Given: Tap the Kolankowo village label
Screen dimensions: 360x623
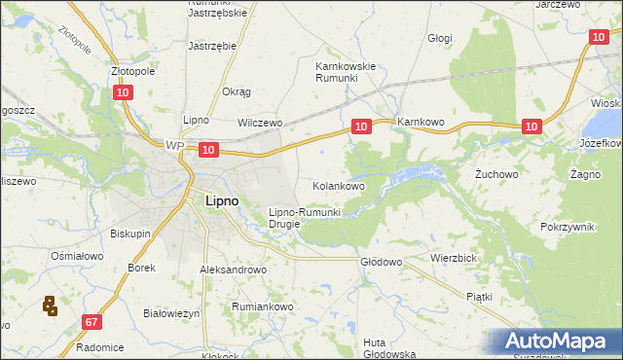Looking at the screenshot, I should click(338, 185).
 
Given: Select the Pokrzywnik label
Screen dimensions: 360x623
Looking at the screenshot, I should click(567, 226).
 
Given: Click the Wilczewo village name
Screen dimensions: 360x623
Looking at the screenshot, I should click(260, 124).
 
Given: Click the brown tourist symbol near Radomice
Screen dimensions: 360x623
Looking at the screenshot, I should click(49, 306).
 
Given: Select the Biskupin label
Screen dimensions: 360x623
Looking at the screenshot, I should click(129, 234).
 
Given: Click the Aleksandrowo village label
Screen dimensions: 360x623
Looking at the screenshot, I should click(233, 270).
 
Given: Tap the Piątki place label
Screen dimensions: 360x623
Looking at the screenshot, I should click(479, 296).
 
